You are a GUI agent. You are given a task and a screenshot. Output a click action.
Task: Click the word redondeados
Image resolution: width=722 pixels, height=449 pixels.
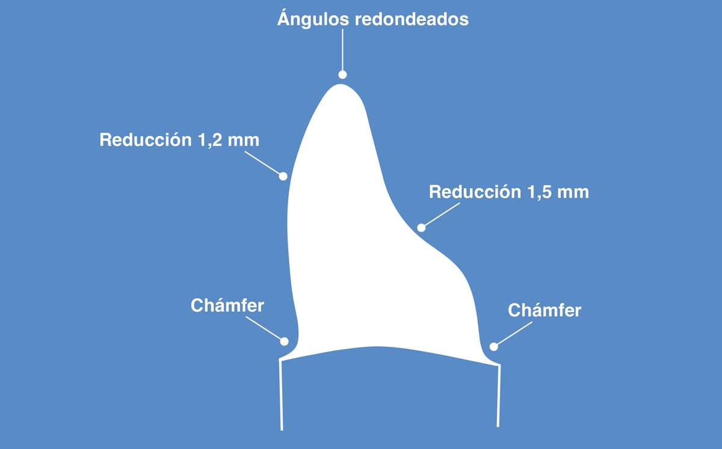coord(412,19)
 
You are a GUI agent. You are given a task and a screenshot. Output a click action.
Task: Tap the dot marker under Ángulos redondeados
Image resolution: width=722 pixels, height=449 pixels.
coord(342,75)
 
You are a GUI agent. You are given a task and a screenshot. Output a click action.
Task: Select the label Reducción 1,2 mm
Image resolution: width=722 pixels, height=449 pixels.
coord(179,140)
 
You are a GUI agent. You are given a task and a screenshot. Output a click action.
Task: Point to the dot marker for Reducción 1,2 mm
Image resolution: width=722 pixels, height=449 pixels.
coord(283,176)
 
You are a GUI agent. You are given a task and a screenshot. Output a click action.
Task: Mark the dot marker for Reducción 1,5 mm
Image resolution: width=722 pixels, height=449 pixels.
coord(421,228)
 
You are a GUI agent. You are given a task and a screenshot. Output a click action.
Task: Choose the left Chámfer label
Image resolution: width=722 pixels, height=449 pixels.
coord(227,305)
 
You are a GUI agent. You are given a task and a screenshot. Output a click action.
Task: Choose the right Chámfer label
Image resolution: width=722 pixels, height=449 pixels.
coord(545,310)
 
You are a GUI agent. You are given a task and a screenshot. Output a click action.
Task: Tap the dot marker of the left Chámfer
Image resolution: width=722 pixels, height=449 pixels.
coord(284,341)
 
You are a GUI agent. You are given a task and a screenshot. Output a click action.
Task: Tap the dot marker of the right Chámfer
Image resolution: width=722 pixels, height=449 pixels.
coord(493,346)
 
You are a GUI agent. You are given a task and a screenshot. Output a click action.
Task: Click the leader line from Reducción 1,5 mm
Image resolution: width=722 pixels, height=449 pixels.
coord(440,215)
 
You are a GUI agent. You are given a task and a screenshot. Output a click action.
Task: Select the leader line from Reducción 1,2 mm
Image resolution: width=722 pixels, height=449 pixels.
coord(264,163)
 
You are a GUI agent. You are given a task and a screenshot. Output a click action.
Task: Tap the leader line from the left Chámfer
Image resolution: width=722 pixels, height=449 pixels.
coord(265,329)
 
